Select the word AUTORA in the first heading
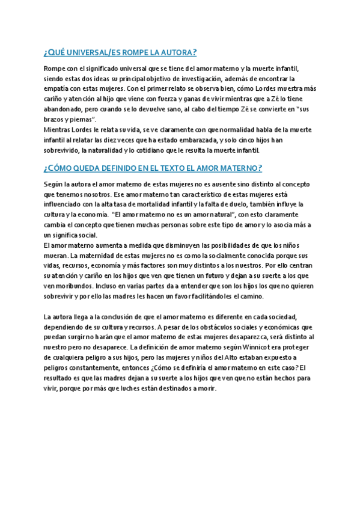[x=177, y=52]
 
